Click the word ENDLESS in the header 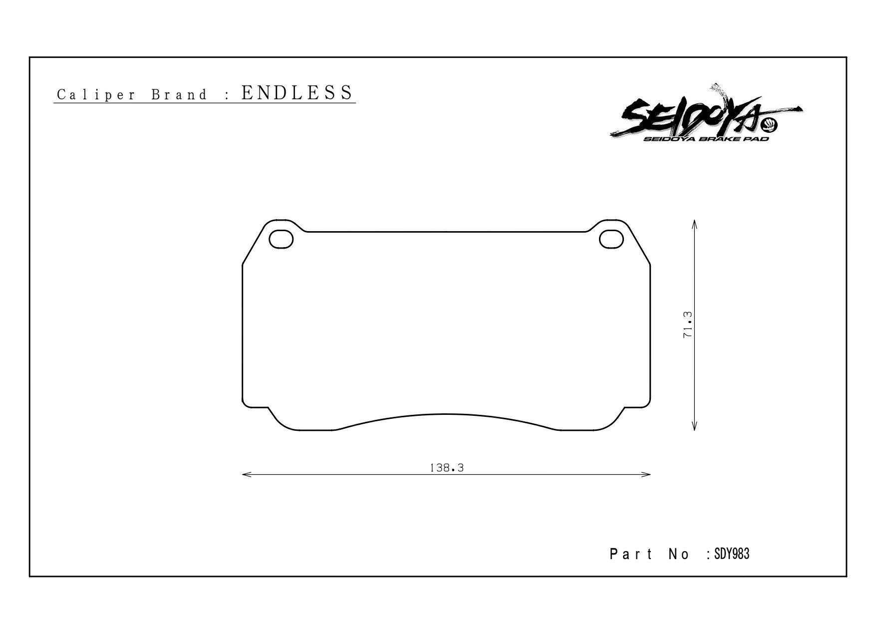coord(297,92)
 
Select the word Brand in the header coord(179,95)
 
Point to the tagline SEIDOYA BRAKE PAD coord(706,139)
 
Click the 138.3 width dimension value coord(447,468)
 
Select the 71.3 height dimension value coord(687,325)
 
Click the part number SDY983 coord(732,554)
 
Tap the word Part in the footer coord(631,554)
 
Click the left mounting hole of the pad coord(281,239)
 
